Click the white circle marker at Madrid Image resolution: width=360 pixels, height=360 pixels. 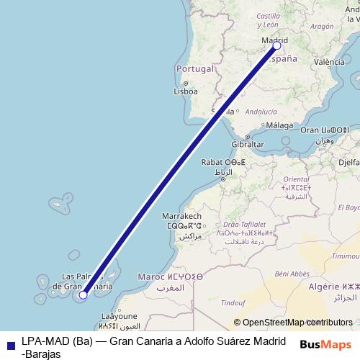(x=277, y=46)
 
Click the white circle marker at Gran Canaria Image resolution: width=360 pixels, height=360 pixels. (x=84, y=294)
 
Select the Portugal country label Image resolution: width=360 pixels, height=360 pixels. (x=195, y=69)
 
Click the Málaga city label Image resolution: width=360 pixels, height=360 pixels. (x=279, y=125)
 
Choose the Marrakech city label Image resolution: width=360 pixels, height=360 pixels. (x=181, y=216)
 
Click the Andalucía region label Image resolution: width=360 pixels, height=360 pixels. (x=261, y=112)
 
